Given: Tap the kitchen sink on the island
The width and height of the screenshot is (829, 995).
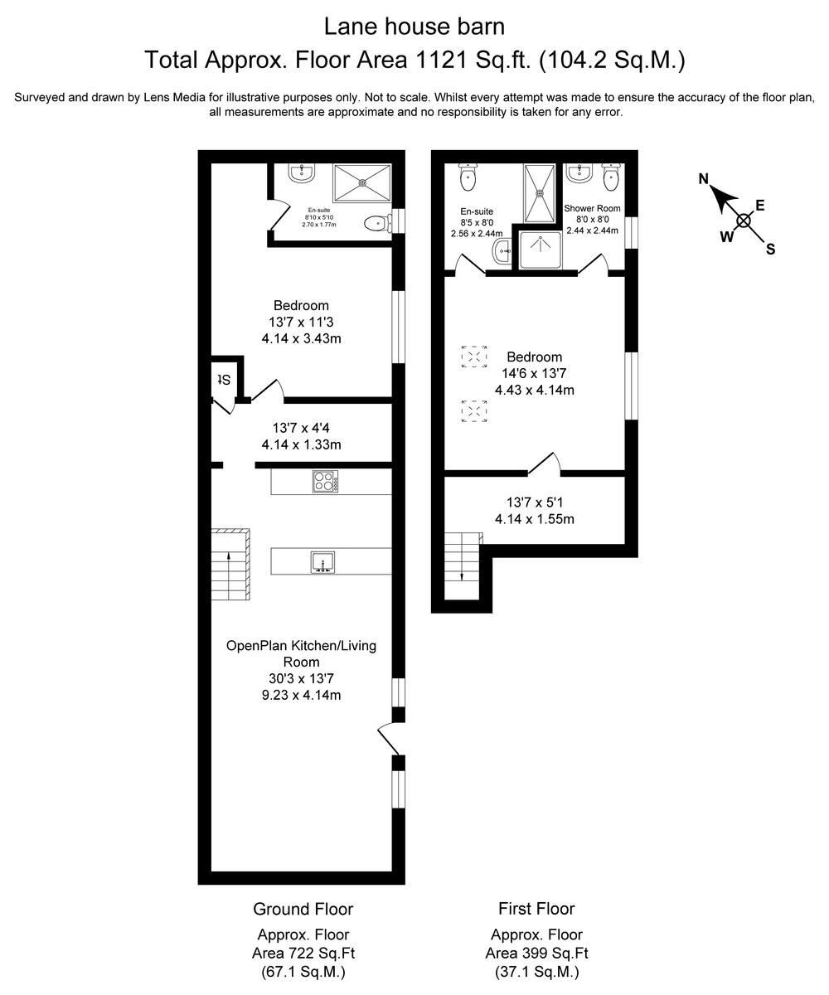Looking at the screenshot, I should [x=322, y=562].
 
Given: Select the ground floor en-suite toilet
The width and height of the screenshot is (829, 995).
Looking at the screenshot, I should [x=377, y=222].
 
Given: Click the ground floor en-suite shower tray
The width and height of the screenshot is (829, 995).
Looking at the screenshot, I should [x=361, y=182].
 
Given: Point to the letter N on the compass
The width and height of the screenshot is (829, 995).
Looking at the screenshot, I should [x=704, y=178].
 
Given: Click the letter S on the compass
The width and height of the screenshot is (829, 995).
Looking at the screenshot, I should [x=770, y=249].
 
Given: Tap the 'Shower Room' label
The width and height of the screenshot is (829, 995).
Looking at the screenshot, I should [x=592, y=208].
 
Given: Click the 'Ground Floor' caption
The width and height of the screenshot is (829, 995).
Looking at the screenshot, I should [x=303, y=909].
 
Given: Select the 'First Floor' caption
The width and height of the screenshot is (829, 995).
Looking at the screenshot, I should [x=536, y=909].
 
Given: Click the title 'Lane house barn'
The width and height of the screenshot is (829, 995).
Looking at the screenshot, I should [x=414, y=27].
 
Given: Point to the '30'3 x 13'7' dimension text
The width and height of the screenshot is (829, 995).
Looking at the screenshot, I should [x=301, y=678].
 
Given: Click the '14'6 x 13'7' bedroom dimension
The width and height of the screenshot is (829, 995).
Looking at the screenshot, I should [x=535, y=373].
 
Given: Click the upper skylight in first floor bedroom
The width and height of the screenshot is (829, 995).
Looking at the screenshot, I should [x=473, y=357].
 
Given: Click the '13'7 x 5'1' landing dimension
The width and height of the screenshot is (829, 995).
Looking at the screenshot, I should [x=535, y=502].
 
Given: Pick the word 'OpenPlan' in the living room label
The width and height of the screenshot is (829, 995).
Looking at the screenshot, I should [x=257, y=645].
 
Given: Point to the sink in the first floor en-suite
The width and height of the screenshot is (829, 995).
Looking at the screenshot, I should [x=500, y=253].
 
